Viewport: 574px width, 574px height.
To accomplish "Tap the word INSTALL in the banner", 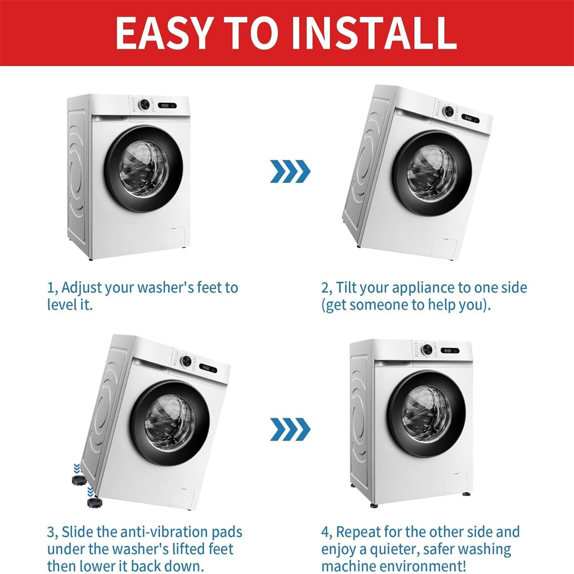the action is (374, 33).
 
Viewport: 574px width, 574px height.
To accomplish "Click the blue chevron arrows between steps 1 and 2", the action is (290, 171).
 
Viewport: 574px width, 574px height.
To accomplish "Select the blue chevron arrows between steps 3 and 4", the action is (290, 429).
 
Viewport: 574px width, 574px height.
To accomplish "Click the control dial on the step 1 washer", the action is (144, 105).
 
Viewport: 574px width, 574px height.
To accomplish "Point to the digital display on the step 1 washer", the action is (167, 105).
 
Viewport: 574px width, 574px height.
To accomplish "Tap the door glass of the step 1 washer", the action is (144, 169).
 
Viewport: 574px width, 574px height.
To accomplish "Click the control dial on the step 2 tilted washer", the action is (448, 111).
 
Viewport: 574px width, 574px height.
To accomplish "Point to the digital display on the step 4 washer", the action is (450, 351).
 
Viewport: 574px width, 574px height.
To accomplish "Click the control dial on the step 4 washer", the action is (427, 349).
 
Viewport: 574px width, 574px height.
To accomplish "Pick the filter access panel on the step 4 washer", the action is (456, 483).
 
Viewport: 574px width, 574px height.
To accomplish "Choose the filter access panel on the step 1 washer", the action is (173, 238).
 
